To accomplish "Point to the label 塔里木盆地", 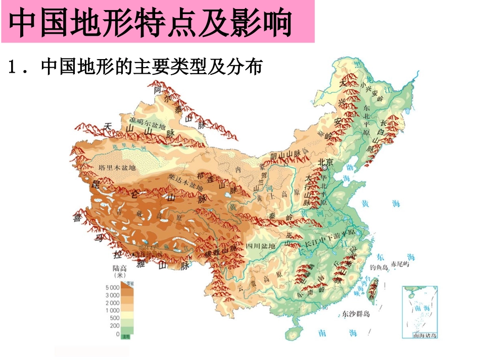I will [117, 167].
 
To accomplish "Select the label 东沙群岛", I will [356, 314].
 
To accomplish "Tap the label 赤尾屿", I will [406, 265].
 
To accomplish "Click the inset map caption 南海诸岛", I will [424, 335].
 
